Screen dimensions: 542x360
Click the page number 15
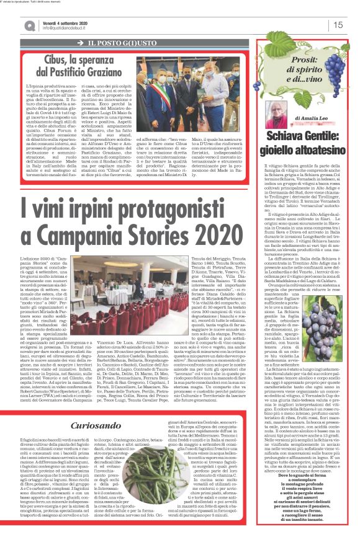click(x=339, y=25)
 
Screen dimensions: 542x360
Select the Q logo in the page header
click(x=29, y=24)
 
